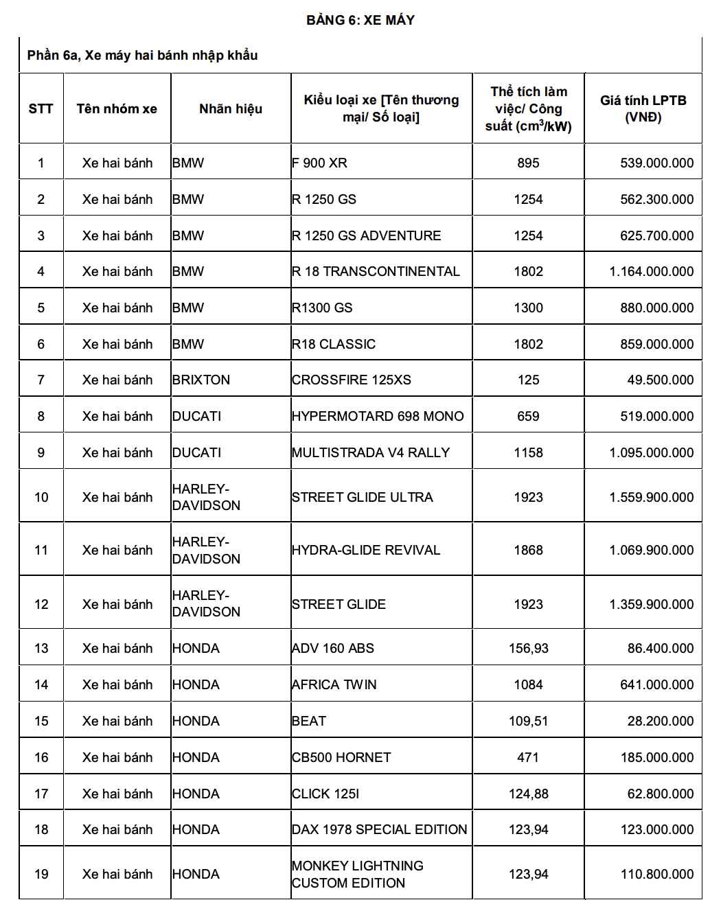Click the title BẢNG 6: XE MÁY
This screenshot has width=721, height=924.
coord(360,20)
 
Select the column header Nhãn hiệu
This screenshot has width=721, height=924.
coord(231,108)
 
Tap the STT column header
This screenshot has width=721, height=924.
coord(41,108)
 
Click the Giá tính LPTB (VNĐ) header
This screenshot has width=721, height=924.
coord(643,108)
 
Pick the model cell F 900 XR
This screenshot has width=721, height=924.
coord(320,163)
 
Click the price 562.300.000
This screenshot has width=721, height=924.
coord(656,199)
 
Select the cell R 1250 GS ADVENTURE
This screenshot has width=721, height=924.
coord(367,235)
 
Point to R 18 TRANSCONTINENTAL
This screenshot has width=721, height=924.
coord(376,271)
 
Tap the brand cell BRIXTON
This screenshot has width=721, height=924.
coord(201,380)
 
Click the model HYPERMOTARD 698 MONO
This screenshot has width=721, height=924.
coord(378,416)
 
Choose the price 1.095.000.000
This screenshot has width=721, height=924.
coord(651,452)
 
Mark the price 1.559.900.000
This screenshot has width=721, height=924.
coord(651,497)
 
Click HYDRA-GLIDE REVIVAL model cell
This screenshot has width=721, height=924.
coord(366,550)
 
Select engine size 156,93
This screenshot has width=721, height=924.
coord(528,648)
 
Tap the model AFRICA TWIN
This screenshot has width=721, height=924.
coord(334,684)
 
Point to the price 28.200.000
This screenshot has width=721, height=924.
coord(660,721)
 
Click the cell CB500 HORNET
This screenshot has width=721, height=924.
coord(341,757)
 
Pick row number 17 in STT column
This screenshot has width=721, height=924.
coord(41,794)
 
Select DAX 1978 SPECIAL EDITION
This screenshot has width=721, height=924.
coord(379,829)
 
